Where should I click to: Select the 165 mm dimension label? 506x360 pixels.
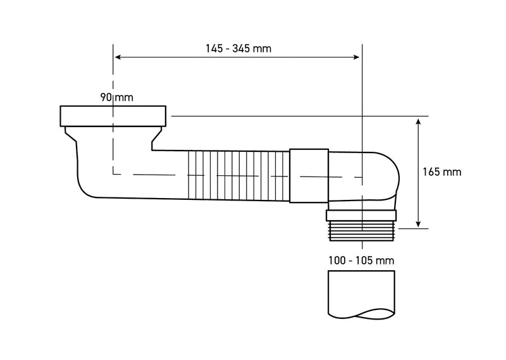[x=441, y=171]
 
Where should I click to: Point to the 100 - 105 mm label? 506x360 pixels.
[x=362, y=260]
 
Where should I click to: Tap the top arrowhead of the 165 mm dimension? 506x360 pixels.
[x=419, y=120]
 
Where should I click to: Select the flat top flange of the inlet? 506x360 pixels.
[x=114, y=115]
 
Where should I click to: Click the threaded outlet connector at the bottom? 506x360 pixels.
[x=362, y=225]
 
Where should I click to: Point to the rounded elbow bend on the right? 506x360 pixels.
[x=383, y=174]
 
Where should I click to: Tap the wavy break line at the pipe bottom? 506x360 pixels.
[x=362, y=313]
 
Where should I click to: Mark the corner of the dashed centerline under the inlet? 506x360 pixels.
[x=113, y=173]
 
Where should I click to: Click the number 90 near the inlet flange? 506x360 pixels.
[x=105, y=97]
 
